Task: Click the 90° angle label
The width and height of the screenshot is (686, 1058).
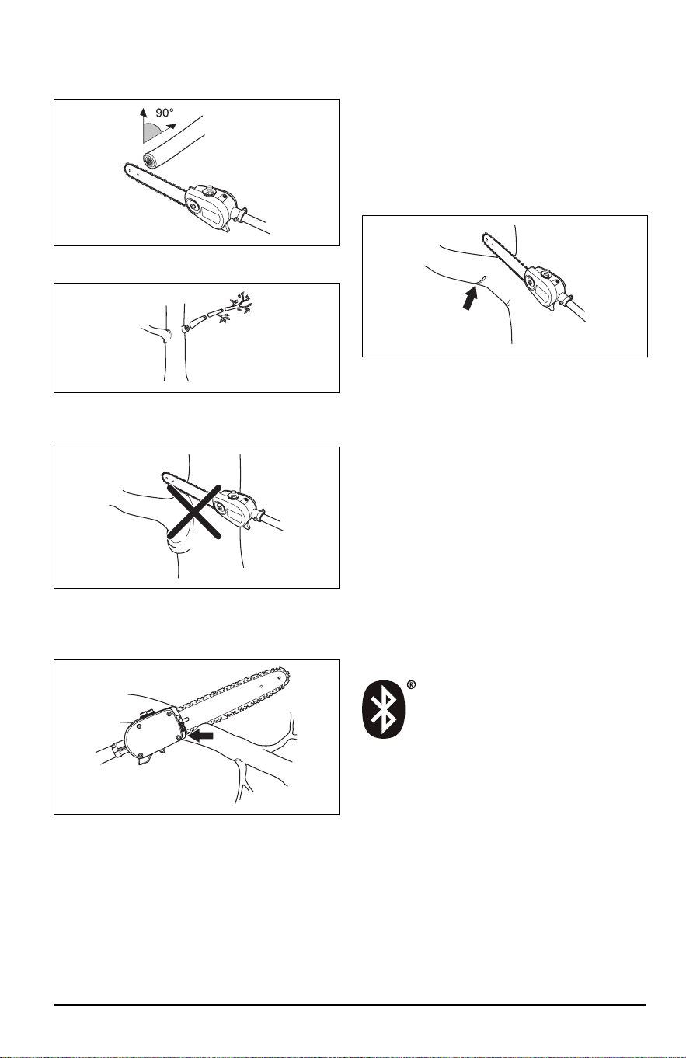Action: coord(165,113)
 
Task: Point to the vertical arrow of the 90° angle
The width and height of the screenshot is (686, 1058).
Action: coord(143,125)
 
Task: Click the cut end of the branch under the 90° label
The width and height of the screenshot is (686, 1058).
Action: coord(151,161)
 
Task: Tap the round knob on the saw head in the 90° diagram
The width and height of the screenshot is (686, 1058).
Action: coord(208,191)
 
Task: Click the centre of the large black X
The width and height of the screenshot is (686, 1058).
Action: coord(193,512)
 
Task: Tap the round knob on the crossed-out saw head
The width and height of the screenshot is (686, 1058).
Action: coord(232,496)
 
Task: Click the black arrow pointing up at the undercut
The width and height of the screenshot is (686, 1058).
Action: coord(469,296)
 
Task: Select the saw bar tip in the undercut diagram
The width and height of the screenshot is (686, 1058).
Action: coord(486,235)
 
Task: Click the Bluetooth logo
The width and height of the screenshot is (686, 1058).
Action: coord(383,709)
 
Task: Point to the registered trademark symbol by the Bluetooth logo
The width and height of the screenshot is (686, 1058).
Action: coord(411,685)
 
